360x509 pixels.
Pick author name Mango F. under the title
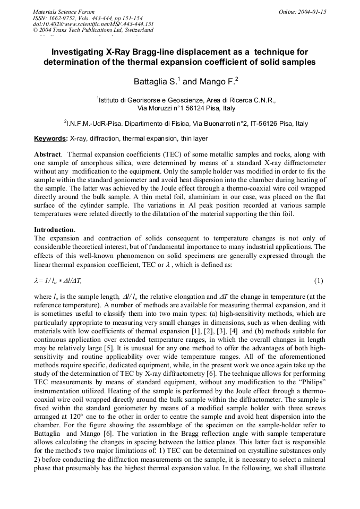point(218,82)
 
